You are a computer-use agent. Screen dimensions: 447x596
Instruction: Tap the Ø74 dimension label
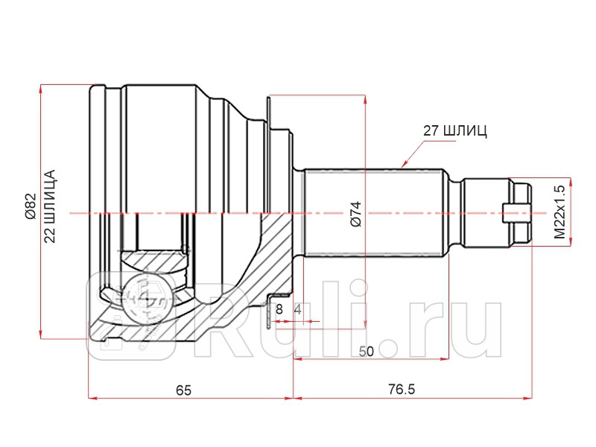355,214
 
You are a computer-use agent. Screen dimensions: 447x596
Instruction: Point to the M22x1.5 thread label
559,211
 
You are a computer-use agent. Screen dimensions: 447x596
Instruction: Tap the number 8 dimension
279,308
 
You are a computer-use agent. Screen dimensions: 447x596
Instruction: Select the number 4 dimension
297,308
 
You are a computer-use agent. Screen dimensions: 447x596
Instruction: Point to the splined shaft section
372,213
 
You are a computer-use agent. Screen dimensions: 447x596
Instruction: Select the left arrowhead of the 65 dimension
92,399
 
